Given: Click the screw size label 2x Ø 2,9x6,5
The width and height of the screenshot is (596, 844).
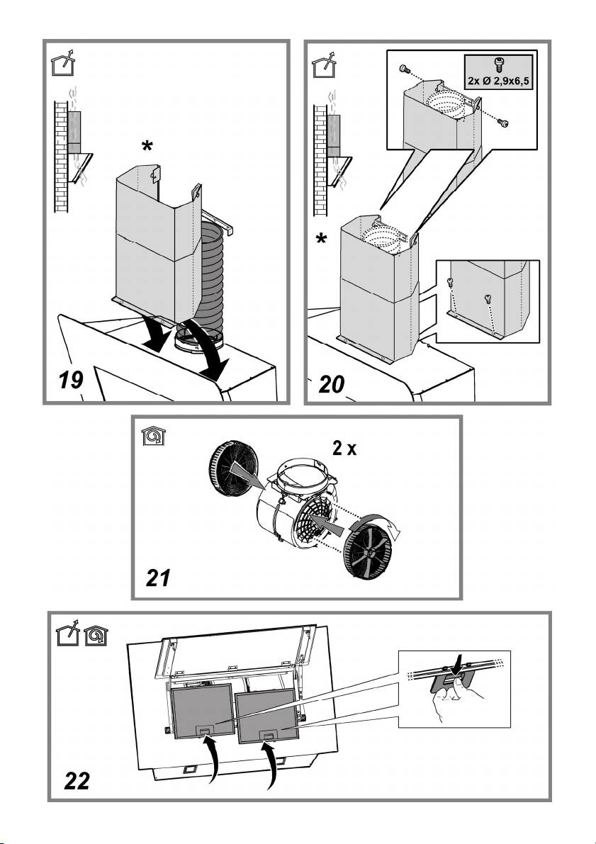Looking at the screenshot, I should tap(498, 81).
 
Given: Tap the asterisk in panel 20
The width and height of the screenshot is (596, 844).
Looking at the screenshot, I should tap(322, 241).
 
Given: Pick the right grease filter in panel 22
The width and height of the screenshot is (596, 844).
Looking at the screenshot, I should tap(266, 717).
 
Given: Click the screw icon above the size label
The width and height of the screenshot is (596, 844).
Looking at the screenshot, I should tap(498, 65).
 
